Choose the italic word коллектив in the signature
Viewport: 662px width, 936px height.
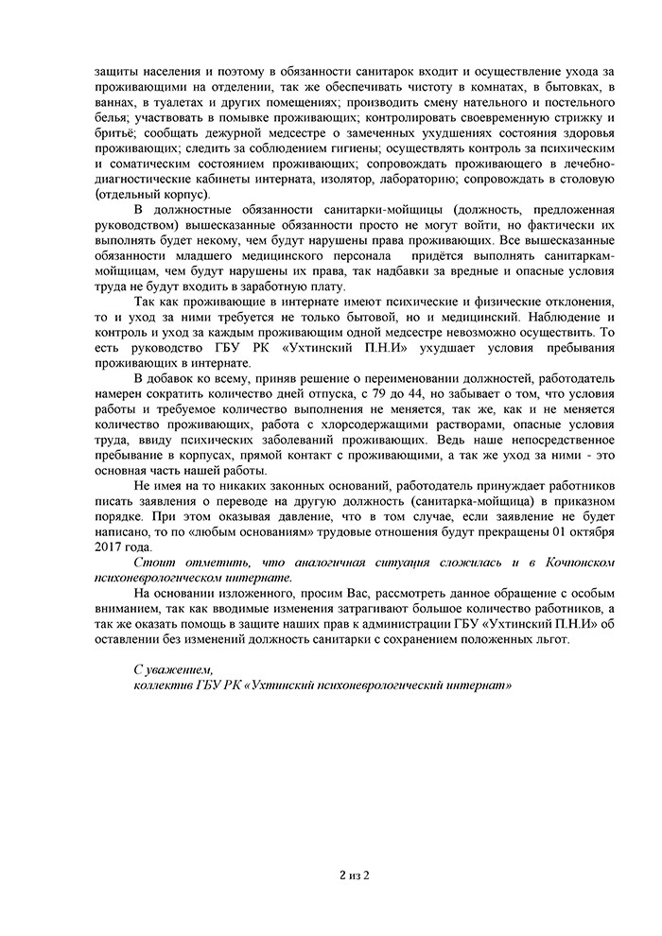coord(165,684)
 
